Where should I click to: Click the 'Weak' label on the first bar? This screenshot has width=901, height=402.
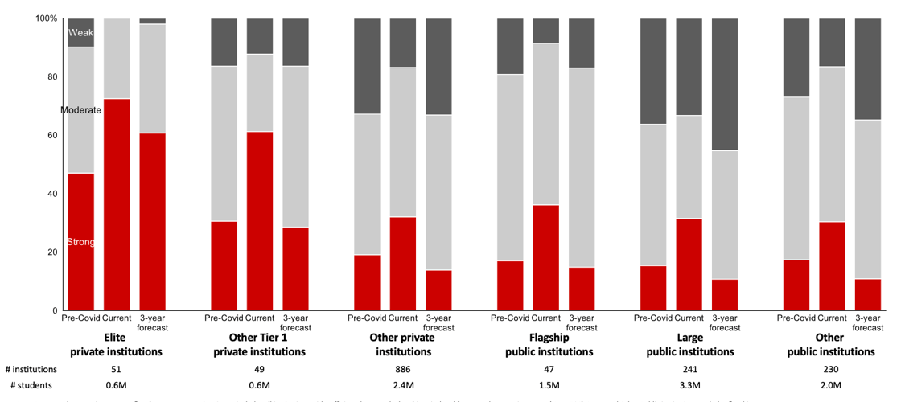[x=81, y=33]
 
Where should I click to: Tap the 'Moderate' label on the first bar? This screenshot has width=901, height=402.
[x=80, y=110]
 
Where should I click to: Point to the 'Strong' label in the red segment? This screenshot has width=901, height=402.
[x=80, y=242]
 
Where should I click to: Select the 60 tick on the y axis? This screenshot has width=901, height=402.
[x=51, y=135]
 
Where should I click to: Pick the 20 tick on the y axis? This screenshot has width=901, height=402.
[x=51, y=252]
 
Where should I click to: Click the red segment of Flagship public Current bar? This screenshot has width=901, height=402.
[x=546, y=257]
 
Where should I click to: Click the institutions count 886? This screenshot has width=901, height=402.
[x=403, y=370]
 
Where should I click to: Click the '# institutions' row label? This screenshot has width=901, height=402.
[x=31, y=370]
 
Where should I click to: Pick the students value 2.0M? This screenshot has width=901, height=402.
[x=830, y=386]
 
